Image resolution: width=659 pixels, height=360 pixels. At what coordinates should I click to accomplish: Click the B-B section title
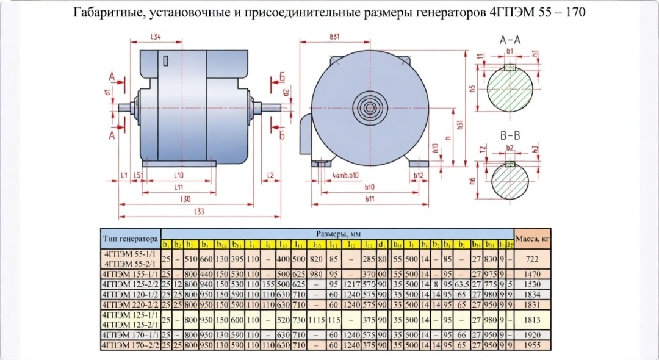510,135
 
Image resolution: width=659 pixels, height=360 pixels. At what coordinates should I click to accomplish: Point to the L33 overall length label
199,212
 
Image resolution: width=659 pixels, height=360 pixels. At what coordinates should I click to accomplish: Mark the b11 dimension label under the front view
370,199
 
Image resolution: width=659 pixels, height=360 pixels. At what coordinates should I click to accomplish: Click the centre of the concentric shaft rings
370,111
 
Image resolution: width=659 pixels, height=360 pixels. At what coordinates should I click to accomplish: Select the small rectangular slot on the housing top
167,61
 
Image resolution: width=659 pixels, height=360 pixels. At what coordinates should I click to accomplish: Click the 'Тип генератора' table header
131,238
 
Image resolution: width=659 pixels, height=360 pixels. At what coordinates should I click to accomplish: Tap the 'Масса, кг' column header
533,238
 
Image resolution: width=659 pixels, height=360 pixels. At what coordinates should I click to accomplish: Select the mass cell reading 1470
533,275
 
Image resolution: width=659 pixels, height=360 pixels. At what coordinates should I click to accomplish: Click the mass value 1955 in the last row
533,345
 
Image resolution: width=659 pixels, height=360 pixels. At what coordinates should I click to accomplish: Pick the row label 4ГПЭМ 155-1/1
131,275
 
